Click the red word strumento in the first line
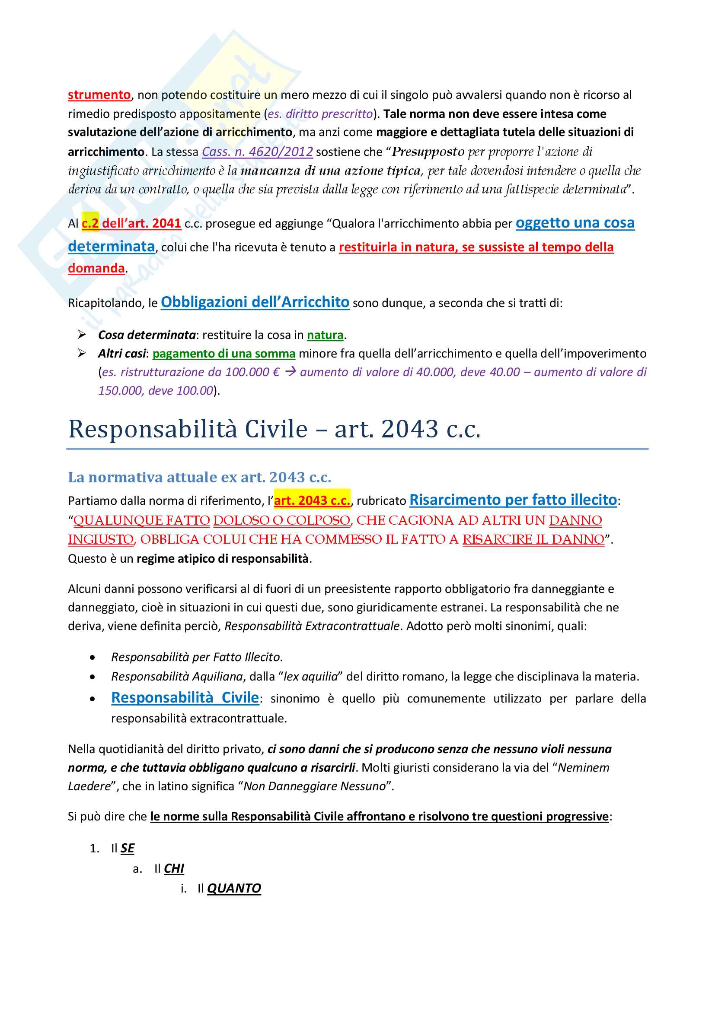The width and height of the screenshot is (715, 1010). [99, 95]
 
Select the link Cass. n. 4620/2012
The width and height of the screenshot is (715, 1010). [257, 152]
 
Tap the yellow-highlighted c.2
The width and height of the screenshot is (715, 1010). [90, 224]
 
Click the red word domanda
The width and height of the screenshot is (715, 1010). [96, 268]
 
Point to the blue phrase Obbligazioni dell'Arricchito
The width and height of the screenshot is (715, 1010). [255, 303]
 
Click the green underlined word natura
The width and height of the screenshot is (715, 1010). [325, 335]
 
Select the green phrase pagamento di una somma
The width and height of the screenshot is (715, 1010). [223, 354]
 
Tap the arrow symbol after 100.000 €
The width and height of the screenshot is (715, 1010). [290, 372]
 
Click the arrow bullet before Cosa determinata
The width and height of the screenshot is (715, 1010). [82, 335]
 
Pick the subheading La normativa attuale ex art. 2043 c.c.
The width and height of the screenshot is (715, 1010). [199, 477]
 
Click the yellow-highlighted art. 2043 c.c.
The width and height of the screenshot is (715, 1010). [312, 500]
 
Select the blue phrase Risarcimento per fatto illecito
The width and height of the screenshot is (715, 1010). [513, 500]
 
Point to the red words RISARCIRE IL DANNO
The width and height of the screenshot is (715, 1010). [533, 539]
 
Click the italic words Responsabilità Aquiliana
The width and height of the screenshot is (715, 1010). [177, 676]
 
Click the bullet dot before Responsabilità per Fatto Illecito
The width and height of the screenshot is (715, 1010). [92, 658]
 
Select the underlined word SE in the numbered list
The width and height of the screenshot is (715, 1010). [127, 848]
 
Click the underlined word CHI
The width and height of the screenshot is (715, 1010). [174, 868]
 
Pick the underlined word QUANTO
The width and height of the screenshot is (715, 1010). [234, 888]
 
